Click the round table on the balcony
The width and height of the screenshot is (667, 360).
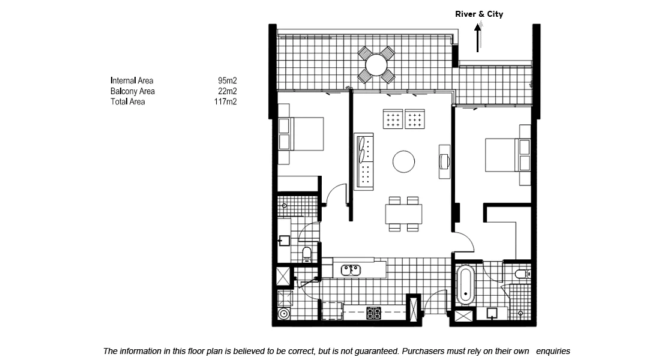[376, 65]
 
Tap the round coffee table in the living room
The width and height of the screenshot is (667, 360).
[403, 161]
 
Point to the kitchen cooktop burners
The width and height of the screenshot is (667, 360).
[373, 313]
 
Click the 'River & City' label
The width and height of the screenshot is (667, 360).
[479, 14]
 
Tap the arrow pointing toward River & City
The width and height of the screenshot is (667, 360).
[478, 38]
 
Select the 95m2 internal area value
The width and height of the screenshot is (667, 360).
[227, 80]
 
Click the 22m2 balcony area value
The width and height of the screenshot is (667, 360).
[227, 91]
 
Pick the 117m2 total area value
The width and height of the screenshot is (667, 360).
[226, 101]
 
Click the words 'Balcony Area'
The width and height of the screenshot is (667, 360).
[132, 91]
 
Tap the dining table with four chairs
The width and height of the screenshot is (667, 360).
[403, 214]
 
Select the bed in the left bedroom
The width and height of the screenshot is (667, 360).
[301, 134]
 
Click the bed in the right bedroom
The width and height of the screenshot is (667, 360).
[508, 155]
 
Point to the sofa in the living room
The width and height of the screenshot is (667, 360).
[364, 161]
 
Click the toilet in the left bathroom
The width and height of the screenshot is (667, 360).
[307, 254]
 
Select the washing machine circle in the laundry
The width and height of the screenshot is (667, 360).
[283, 314]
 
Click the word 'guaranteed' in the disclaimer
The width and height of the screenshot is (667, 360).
[376, 352]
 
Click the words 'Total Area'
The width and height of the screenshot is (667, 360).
[128, 101]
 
